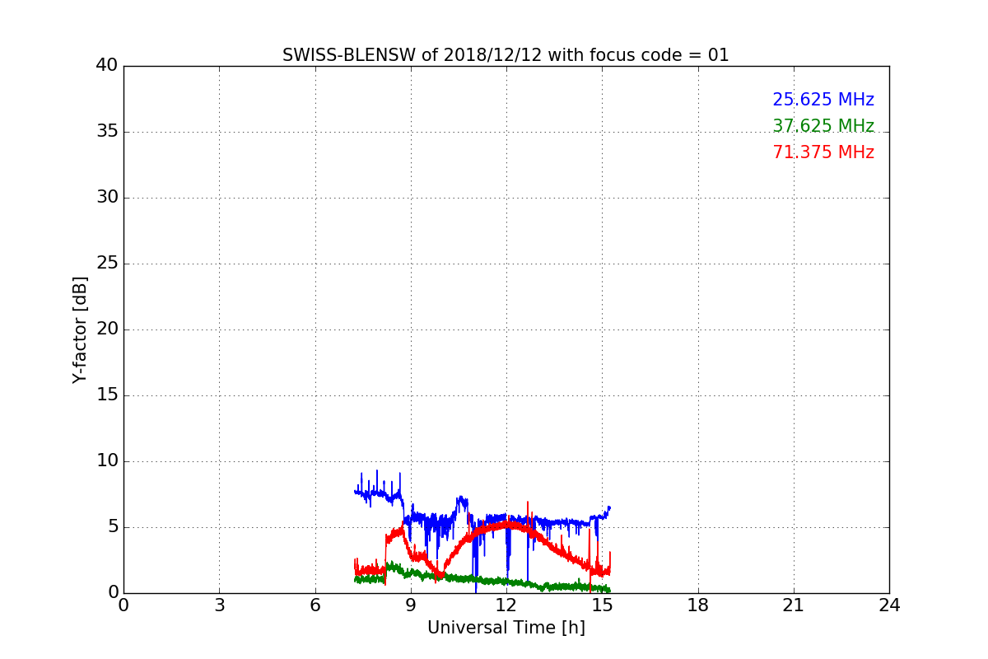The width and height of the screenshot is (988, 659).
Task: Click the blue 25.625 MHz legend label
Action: (823, 100)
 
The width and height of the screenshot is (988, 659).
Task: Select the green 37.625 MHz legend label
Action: (823, 126)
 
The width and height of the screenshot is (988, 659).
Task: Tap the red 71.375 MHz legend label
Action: (823, 152)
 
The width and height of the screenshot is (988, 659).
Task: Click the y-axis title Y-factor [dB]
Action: (80, 329)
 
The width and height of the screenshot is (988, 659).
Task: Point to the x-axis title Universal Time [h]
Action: (506, 627)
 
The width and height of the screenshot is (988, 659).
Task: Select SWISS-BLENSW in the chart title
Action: (349, 55)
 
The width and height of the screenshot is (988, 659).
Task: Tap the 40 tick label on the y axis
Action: (107, 65)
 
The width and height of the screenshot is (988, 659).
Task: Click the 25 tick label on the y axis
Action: (107, 263)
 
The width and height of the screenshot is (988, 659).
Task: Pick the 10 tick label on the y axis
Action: (107, 460)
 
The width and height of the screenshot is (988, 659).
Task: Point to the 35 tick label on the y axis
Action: (107, 131)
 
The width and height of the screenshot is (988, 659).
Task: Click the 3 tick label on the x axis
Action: (220, 605)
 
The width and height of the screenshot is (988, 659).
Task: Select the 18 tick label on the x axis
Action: (698, 605)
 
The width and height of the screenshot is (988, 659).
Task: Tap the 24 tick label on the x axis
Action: (889, 605)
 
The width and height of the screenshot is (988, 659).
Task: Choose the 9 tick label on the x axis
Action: (411, 605)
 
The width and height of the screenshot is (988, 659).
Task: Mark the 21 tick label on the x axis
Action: (794, 605)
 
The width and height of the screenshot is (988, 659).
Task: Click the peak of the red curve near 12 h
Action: (508, 523)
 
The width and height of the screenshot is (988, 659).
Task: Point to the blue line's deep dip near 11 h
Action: (476, 591)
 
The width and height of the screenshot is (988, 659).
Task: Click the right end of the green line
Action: (609, 590)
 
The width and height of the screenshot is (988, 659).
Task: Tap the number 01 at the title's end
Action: (719, 55)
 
